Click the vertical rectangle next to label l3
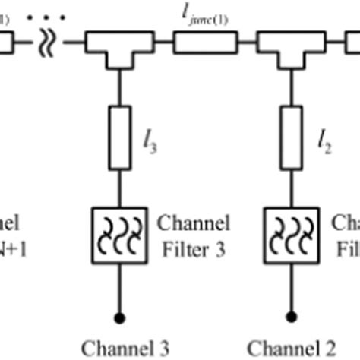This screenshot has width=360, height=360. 119,137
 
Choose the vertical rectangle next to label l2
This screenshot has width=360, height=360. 289,137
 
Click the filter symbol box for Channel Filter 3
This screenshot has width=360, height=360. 119,231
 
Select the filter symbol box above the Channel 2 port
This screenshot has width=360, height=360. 289,231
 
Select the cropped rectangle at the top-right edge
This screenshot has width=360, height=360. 352,44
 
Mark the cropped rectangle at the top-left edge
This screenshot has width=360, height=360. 5,44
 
